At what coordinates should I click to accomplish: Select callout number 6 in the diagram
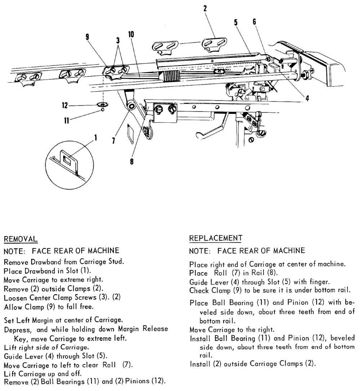pos(254,22)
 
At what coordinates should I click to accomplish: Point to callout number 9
pos(87,36)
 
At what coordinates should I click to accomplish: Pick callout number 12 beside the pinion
pos(64,105)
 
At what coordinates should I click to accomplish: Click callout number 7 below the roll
pos(114,140)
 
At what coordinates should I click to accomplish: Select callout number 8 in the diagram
pos(132,161)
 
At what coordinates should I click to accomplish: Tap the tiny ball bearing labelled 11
pos(103,111)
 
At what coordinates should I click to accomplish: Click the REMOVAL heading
pos(20,239)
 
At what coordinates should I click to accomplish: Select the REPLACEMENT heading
pos(216,238)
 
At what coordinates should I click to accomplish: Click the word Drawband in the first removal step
pos(44,262)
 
